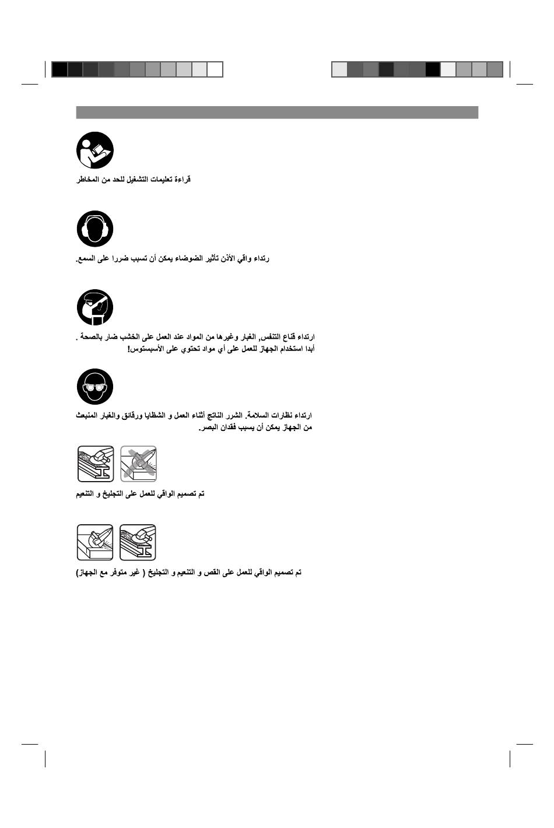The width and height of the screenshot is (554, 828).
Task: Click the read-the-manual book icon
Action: (x=94, y=150)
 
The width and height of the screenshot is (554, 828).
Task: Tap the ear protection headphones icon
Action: (x=94, y=229)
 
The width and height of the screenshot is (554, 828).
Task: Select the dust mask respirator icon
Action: (x=94, y=307)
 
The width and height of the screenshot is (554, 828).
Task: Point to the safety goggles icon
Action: (x=94, y=386)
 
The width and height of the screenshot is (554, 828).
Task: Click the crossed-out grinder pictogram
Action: (x=139, y=464)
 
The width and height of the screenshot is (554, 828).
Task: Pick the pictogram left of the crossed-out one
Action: (x=96, y=464)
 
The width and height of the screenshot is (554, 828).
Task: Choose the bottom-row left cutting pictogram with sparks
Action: (x=95, y=542)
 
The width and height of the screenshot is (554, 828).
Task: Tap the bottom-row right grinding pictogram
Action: (x=138, y=542)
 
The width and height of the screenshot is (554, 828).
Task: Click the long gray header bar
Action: (x=277, y=113)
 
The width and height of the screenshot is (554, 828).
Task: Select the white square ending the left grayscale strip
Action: (x=215, y=69)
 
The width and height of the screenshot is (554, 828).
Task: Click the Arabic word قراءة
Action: (x=182, y=180)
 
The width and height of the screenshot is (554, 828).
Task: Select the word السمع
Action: (x=86, y=258)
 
